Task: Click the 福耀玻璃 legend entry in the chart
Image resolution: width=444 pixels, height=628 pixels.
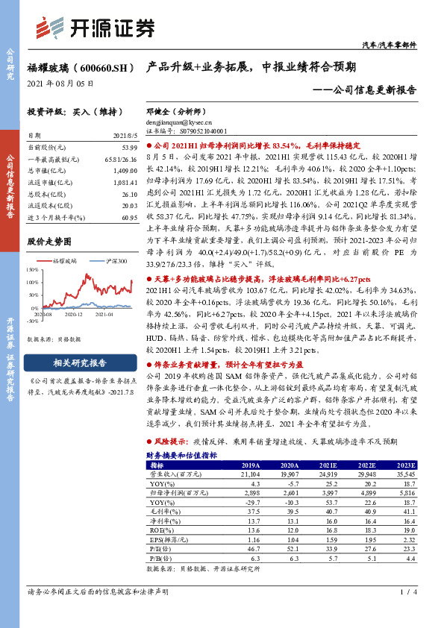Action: tap(66, 261)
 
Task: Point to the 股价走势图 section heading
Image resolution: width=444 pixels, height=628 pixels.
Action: tap(49, 242)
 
